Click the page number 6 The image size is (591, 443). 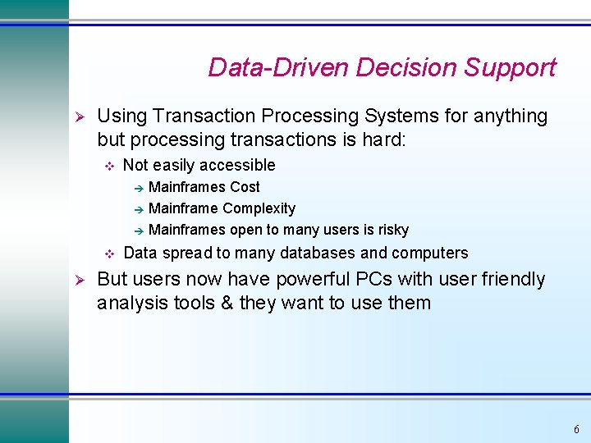pyautogui.click(x=576, y=429)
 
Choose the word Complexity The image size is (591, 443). pyautogui.click(x=259, y=208)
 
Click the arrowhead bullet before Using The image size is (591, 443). pyautogui.click(x=80, y=116)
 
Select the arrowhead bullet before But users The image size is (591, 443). pyautogui.click(x=80, y=280)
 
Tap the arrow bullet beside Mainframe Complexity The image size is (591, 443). pyautogui.click(x=139, y=209)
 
